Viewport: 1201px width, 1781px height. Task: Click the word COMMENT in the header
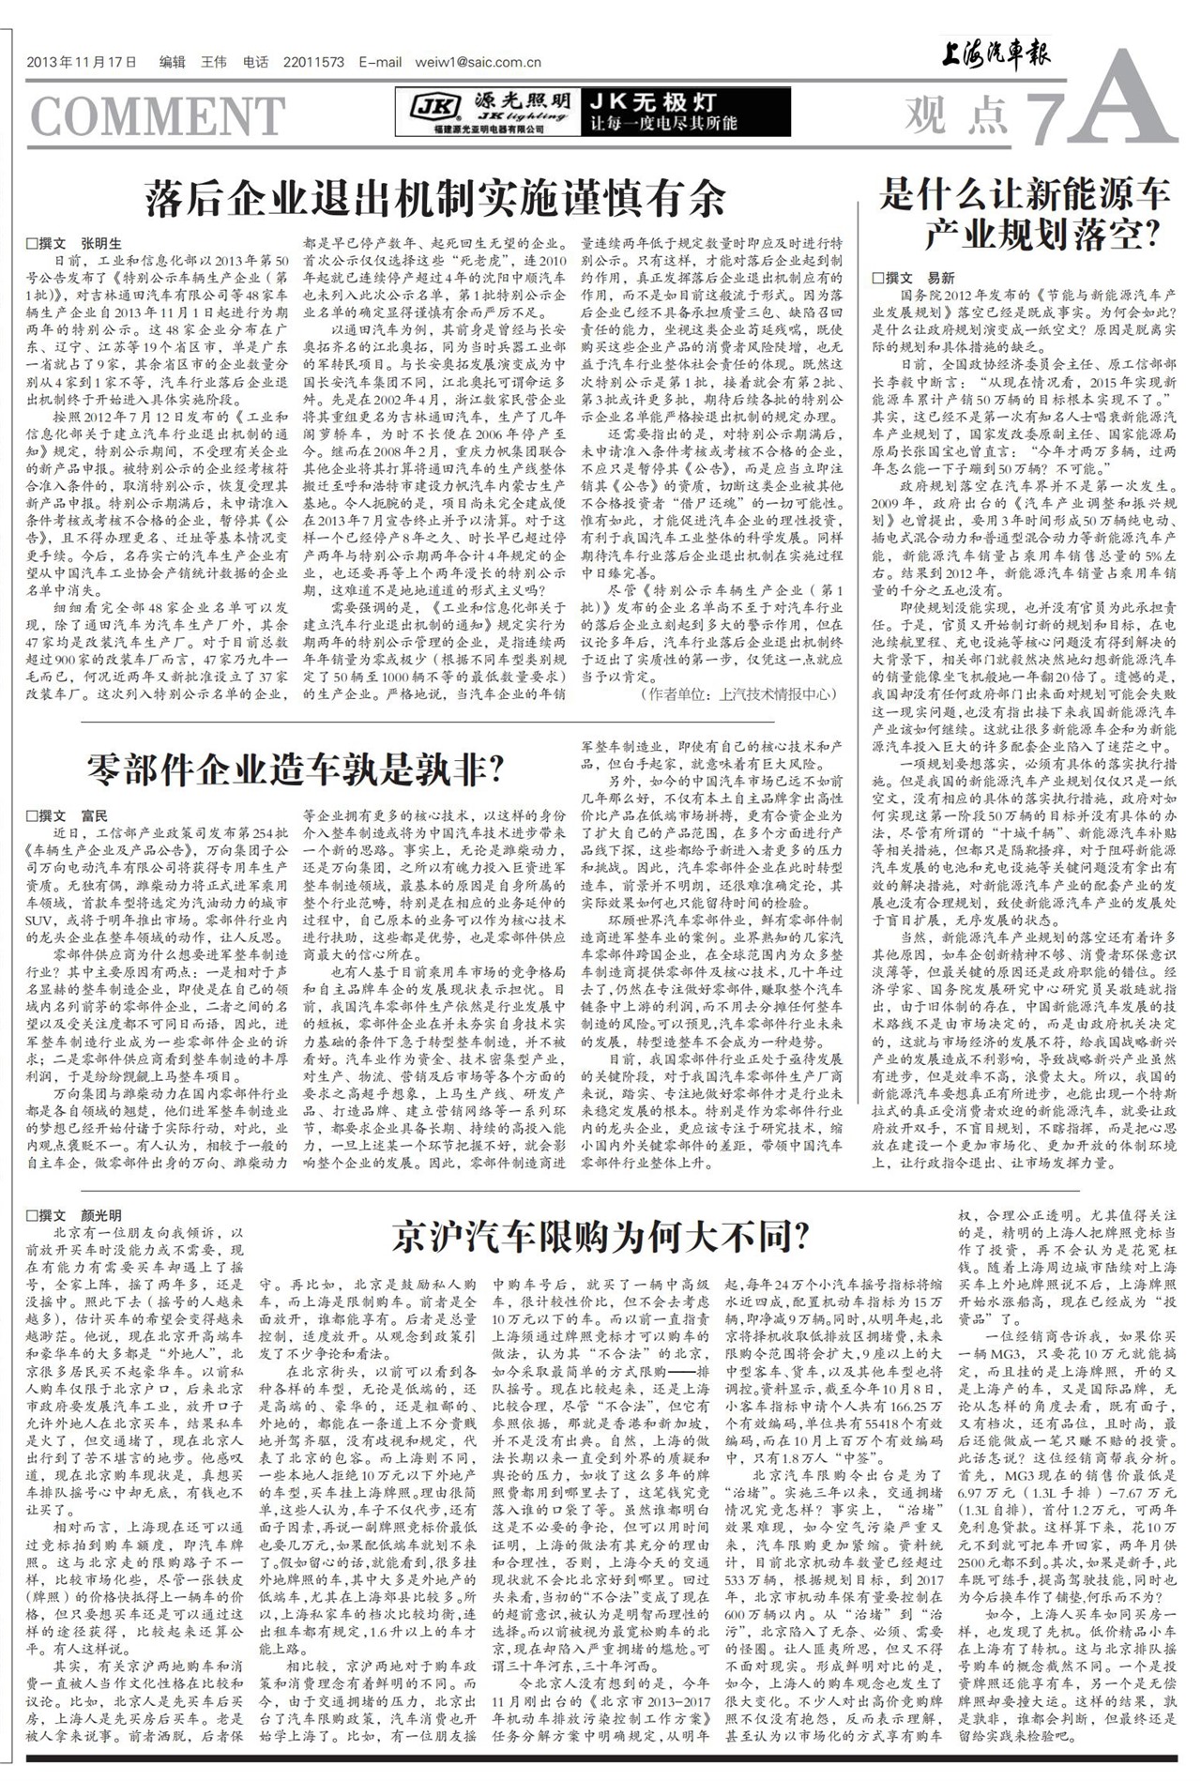pyautogui.click(x=158, y=117)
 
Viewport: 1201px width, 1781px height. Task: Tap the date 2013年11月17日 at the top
pyautogui.click(x=83, y=63)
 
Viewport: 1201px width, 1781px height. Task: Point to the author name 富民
pyautogui.click(x=95, y=815)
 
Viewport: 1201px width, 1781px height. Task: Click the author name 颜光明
pyautogui.click(x=100, y=1215)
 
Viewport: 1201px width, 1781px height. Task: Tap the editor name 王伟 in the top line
pyautogui.click(x=214, y=63)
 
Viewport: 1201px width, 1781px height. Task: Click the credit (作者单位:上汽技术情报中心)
pyautogui.click(x=737, y=694)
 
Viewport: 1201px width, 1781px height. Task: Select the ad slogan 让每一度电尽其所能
pyautogui.click(x=663, y=123)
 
